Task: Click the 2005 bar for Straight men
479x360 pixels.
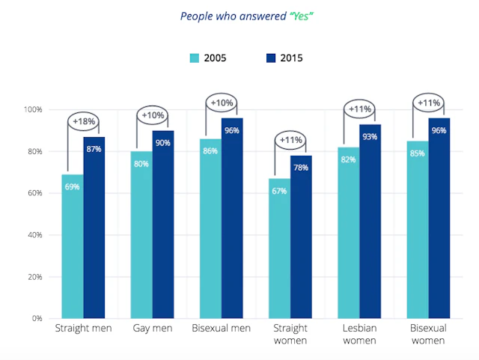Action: (x=73, y=246)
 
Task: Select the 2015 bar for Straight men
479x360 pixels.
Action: (x=94, y=228)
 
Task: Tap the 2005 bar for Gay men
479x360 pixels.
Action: (x=141, y=235)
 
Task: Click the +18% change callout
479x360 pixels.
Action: (x=83, y=120)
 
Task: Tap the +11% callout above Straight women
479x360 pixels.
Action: (x=290, y=139)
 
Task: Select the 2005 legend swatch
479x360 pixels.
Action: (x=194, y=58)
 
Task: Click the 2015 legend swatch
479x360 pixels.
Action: (x=270, y=58)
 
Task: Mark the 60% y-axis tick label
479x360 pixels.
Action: (x=34, y=193)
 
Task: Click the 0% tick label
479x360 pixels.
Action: (x=37, y=318)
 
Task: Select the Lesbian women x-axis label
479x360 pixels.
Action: (x=359, y=335)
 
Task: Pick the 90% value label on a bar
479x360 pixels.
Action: (x=163, y=144)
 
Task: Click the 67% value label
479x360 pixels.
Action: (x=279, y=192)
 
